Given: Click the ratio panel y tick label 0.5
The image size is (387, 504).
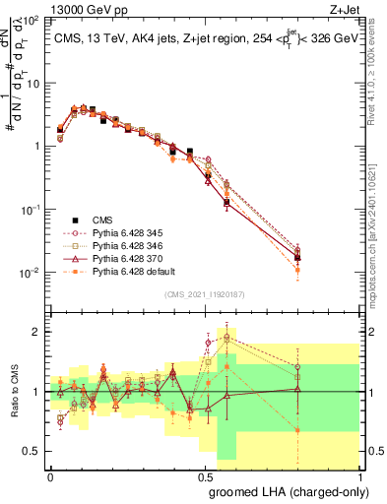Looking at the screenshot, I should coord(32,451).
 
